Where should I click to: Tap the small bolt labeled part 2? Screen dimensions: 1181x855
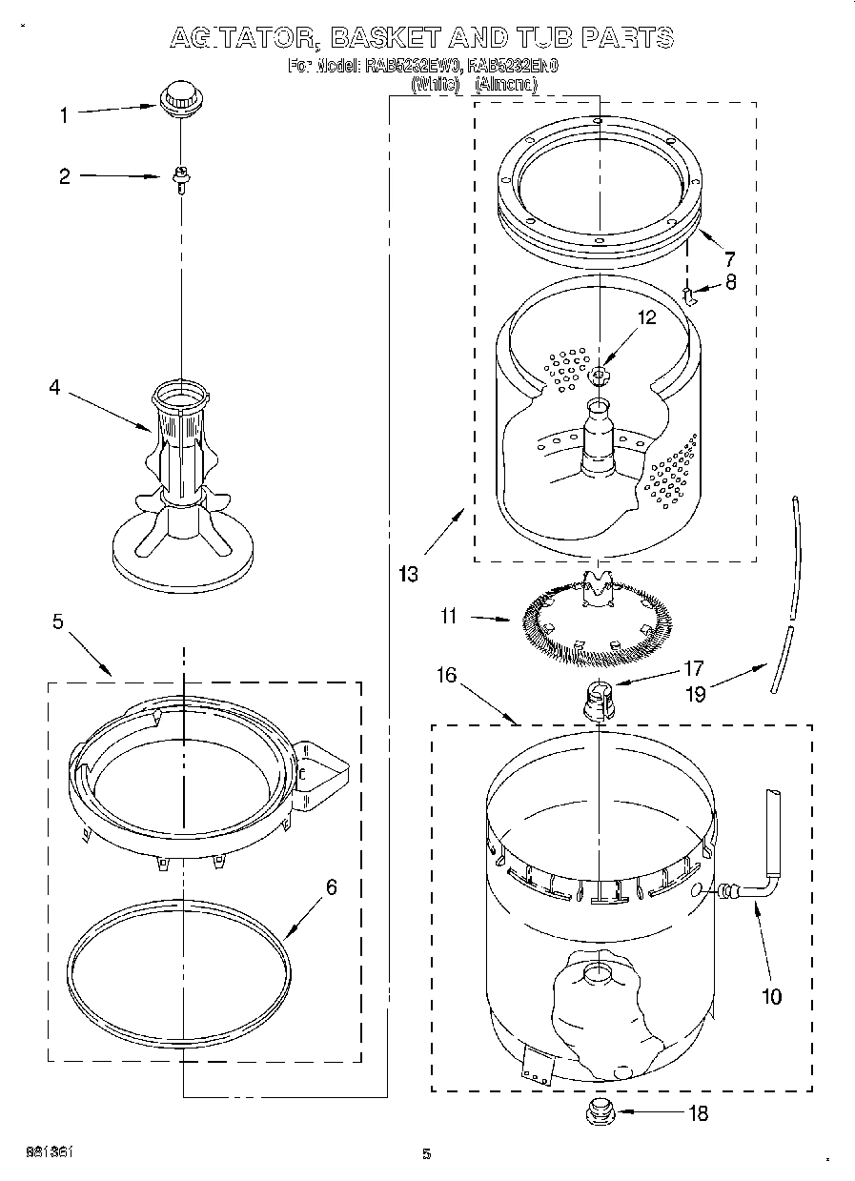pyautogui.click(x=178, y=177)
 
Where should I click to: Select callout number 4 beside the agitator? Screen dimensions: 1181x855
pyautogui.click(x=54, y=387)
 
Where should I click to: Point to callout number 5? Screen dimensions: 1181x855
pyautogui.click(x=58, y=622)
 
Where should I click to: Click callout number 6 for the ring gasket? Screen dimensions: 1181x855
pyautogui.click(x=331, y=887)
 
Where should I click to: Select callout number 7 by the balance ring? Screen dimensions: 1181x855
pyautogui.click(x=729, y=258)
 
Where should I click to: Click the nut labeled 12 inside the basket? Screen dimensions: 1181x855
pyautogui.click(x=599, y=374)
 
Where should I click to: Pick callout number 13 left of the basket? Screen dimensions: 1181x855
pyautogui.click(x=408, y=574)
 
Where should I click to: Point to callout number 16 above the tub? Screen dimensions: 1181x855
pyautogui.click(x=446, y=676)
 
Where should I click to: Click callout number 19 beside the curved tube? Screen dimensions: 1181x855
pyautogui.click(x=696, y=694)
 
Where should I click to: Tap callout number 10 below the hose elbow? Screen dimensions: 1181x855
pyautogui.click(x=771, y=996)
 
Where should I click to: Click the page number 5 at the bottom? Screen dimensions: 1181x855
pyautogui.click(x=427, y=1154)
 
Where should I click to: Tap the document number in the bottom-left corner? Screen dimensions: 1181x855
pyautogui.click(x=47, y=1152)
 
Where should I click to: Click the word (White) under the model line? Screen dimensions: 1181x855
pyautogui.click(x=435, y=85)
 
